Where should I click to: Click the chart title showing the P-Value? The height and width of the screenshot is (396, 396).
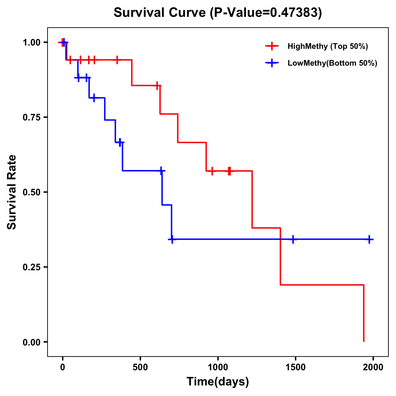click(x=217, y=13)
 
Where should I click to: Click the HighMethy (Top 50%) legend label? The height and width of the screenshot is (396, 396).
click(x=327, y=46)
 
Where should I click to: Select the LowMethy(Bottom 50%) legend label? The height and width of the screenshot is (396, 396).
click(x=332, y=63)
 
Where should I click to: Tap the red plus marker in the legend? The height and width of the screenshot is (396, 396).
click(x=272, y=46)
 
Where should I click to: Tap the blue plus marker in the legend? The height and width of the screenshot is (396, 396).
click(x=272, y=63)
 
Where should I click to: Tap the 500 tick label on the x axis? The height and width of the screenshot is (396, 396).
click(x=140, y=367)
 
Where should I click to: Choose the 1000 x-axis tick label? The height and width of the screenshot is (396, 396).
click(x=218, y=367)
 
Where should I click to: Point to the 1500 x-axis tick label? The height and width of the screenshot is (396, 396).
click(x=295, y=367)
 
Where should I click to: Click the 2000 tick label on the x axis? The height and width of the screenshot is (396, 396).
click(x=373, y=367)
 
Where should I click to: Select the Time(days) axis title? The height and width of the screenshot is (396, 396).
click(x=218, y=382)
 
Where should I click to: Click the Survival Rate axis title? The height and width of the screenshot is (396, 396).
click(x=12, y=192)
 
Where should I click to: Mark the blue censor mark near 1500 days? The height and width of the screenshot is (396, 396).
click(x=292, y=239)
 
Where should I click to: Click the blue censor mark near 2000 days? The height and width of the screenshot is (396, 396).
click(x=369, y=239)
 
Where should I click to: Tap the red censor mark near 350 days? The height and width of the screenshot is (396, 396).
click(x=117, y=60)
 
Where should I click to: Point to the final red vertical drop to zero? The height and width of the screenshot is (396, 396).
click(x=364, y=313)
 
